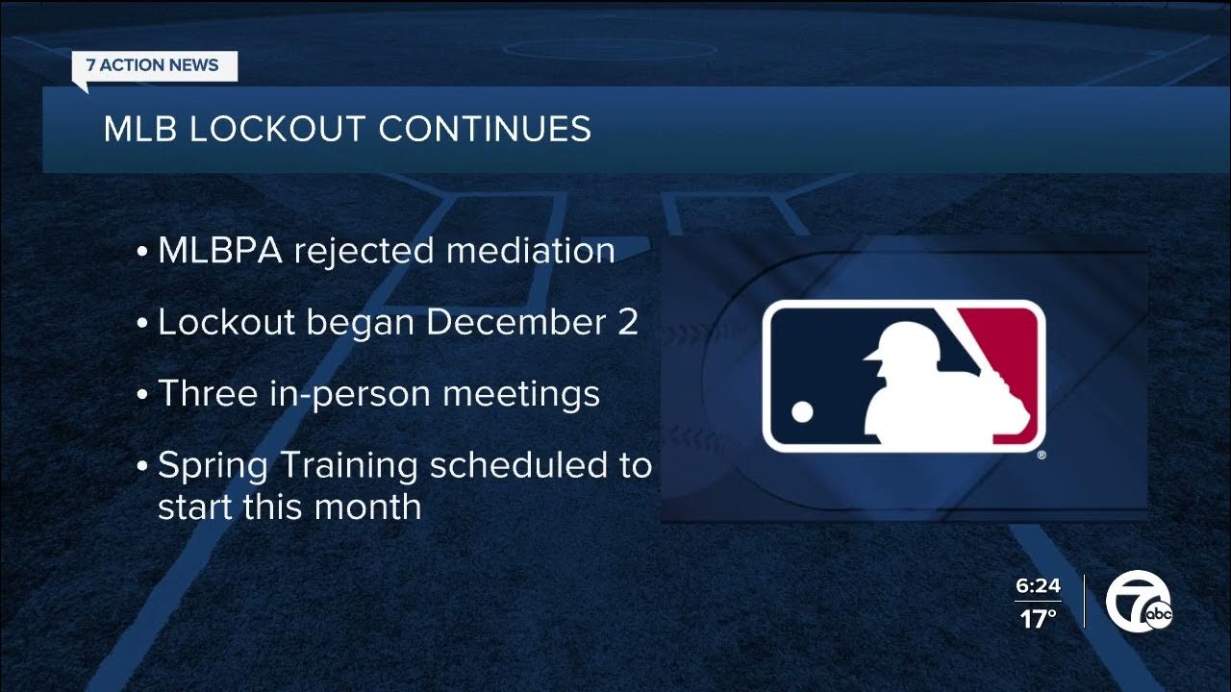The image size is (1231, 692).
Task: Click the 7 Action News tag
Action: coord(153,66)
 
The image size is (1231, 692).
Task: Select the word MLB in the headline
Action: coord(139,129)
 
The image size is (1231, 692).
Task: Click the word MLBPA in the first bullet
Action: coord(220,251)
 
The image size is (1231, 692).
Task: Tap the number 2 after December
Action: coord(627,323)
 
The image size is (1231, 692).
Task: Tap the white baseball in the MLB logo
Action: coord(802,412)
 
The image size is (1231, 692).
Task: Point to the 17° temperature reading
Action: coord(1038,619)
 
